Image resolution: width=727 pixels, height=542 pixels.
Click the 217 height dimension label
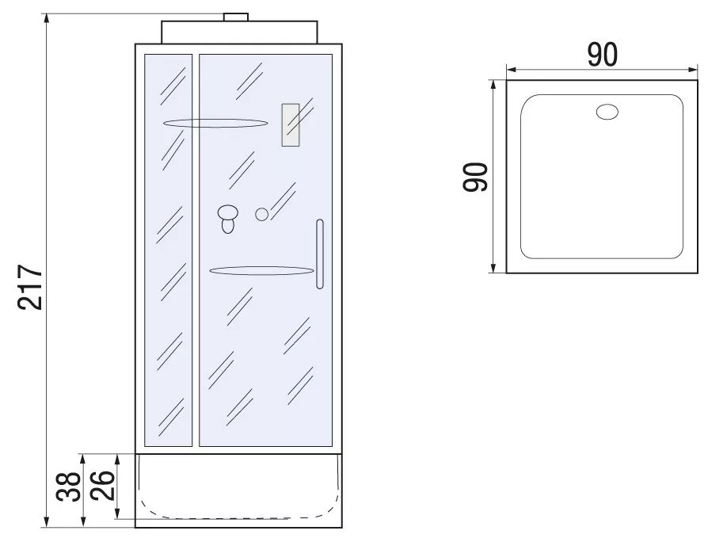pyautogui.click(x=30, y=287)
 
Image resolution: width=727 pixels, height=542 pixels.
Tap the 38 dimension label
pyautogui.click(x=68, y=487)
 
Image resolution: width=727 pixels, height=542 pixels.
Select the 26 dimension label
pyautogui.click(x=102, y=486)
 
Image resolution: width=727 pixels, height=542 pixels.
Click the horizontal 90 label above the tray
pyautogui.click(x=603, y=55)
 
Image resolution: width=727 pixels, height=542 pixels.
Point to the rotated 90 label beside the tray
pyautogui.click(x=475, y=177)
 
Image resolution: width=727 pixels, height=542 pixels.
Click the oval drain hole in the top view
pyautogui.click(x=607, y=112)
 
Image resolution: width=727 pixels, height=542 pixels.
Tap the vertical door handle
pyautogui.click(x=319, y=254)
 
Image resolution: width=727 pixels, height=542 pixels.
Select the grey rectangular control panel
pyautogui.click(x=290, y=125)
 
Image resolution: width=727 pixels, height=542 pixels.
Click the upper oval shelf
pyautogui.click(x=215, y=124)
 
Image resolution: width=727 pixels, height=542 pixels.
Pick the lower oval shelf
pyautogui.click(x=262, y=270)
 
